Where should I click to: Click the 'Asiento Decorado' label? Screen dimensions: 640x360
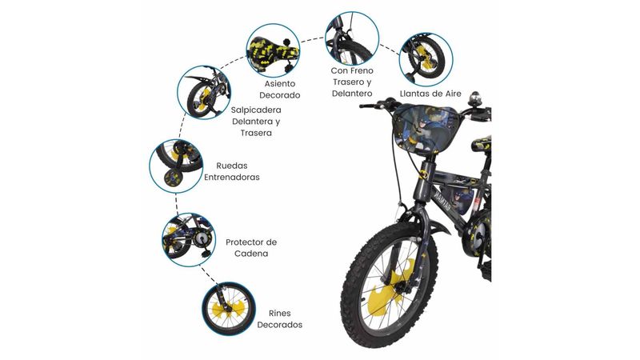[x=280, y=90]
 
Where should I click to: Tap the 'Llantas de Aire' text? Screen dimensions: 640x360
[x=430, y=94]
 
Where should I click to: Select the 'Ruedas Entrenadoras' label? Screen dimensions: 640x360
[x=232, y=171]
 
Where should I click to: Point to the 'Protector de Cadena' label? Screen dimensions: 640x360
[x=251, y=248]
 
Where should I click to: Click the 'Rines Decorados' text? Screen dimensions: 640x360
[x=279, y=319]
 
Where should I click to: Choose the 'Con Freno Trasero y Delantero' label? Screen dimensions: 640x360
[x=352, y=82]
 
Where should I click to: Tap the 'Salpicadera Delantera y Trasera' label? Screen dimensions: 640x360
[x=256, y=122]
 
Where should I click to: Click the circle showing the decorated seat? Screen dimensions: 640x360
[x=273, y=50]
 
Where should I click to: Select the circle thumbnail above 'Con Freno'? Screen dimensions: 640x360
[x=352, y=38]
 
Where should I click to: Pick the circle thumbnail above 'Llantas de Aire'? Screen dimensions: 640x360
[x=426, y=59]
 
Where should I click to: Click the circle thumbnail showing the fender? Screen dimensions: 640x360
[x=204, y=92]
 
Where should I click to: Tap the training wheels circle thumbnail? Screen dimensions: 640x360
[x=176, y=166]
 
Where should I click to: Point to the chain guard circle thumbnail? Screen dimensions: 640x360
[x=189, y=240]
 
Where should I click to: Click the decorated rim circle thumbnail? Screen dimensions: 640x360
[x=229, y=309]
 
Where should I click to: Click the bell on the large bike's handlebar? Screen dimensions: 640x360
[x=474, y=98]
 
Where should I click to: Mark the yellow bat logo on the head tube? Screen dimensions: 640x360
[x=425, y=174]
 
